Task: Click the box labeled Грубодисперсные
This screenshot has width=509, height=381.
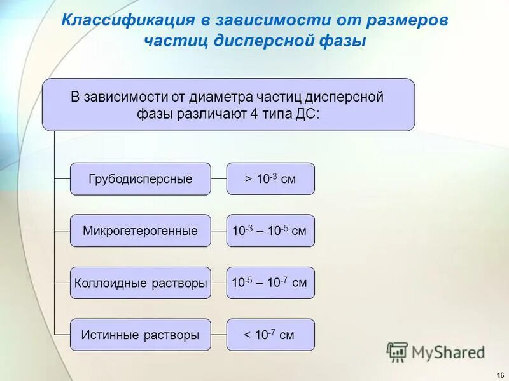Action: tap(140, 179)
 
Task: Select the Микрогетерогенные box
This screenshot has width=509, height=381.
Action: tap(140, 231)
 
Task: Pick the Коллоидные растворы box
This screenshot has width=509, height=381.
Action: tap(140, 283)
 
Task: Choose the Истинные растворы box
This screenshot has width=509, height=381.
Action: tap(140, 335)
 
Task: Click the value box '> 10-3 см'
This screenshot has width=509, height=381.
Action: tap(270, 179)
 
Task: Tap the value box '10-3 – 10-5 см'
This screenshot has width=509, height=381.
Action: tap(270, 231)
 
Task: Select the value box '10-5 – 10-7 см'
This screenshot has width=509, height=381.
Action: tap(270, 283)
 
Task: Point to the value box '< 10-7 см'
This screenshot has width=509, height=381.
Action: tap(270, 335)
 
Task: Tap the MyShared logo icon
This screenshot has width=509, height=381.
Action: tap(397, 352)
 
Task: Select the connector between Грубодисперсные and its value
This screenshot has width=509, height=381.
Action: tap(218, 179)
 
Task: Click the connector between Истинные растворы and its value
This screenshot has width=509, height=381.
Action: tap(218, 335)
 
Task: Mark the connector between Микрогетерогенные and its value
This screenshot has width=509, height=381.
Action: tap(218, 231)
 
